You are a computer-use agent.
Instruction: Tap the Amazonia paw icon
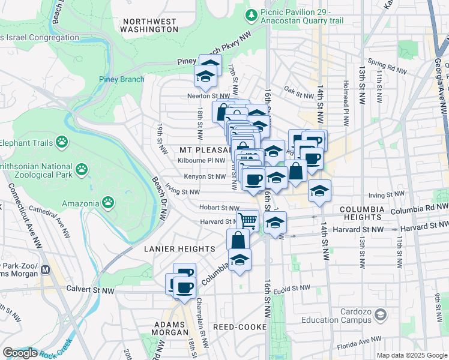coord(108,202)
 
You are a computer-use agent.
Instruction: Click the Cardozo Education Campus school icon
coord(381,314)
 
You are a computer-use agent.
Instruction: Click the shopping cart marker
coord(247,220)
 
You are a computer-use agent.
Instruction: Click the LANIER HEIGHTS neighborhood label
coord(179,248)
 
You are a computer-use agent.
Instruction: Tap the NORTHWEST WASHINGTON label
coord(149,25)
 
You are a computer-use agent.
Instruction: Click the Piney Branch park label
coord(122,79)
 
